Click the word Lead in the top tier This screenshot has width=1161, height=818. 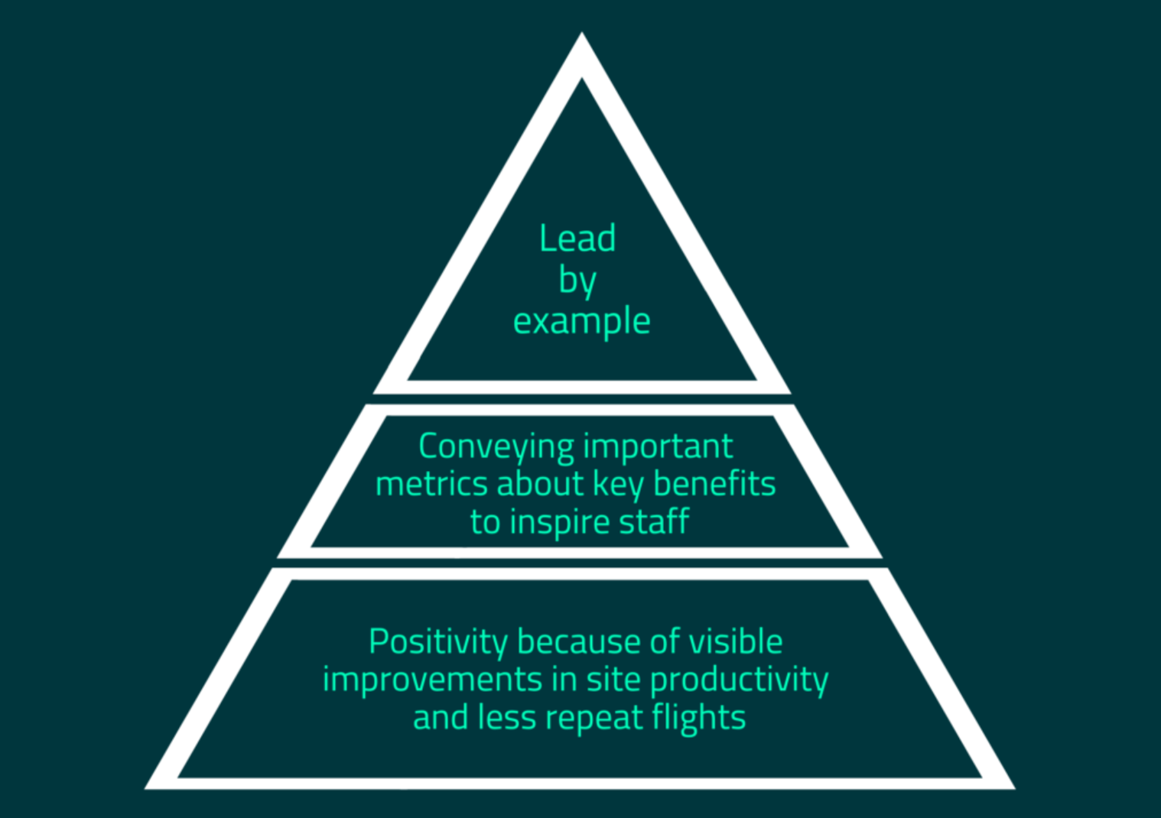point(577,239)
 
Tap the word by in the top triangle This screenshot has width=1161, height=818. point(577,281)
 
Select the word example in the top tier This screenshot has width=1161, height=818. point(581,321)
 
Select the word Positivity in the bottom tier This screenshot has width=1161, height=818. point(437,642)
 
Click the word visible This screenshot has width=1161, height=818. point(736,642)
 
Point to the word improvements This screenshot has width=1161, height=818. point(432,680)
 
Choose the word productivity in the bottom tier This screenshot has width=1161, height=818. point(739,680)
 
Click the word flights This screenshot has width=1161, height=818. point(698,718)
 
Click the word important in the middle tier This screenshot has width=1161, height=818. point(658,446)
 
